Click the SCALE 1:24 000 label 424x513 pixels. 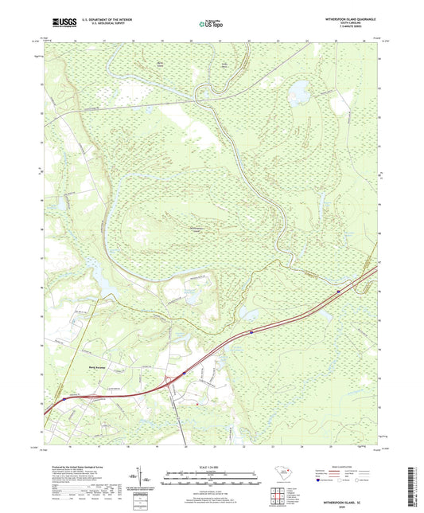[211, 466]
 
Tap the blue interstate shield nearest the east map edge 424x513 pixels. [340, 292]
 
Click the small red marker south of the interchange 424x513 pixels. [196, 402]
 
